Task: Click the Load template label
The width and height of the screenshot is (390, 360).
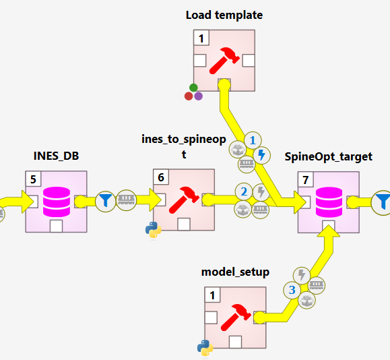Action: (224, 15)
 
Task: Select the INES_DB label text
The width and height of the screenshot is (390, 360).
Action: (57, 156)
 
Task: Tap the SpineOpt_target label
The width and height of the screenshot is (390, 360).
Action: (329, 156)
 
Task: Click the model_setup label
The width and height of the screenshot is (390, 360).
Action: (235, 272)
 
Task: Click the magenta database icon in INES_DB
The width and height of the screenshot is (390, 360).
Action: (57, 201)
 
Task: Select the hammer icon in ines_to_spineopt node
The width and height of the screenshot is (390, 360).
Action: (184, 200)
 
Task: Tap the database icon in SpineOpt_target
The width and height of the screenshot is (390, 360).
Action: (329, 201)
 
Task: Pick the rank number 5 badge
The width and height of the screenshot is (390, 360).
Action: (34, 180)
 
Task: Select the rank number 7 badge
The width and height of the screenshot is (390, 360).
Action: (306, 180)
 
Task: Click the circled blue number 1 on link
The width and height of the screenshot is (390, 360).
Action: (253, 140)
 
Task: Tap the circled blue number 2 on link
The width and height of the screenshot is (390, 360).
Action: (244, 191)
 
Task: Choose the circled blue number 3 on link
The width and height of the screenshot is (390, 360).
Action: (292, 291)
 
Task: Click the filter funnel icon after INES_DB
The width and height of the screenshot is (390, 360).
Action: (105, 200)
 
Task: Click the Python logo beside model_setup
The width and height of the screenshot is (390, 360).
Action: (205, 348)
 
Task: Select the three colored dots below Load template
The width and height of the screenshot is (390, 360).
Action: (193, 93)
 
